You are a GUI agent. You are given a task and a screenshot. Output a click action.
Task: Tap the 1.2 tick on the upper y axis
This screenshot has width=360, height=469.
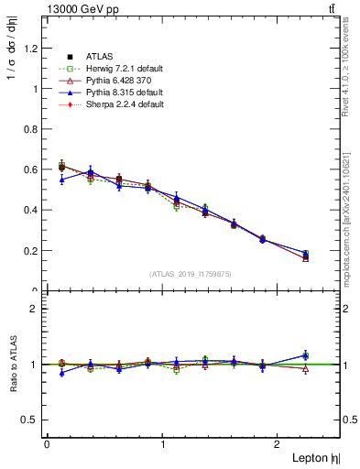tap(33, 48)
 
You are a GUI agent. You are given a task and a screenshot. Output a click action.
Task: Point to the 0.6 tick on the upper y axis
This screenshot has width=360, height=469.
tap(33, 169)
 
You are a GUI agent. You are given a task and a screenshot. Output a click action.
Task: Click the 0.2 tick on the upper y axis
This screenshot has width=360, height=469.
tap(33, 250)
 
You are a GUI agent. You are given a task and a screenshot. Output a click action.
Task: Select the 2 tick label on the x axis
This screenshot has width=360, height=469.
tap(278, 444)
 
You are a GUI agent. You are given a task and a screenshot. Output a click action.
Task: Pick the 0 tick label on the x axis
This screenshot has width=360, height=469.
tap(47, 444)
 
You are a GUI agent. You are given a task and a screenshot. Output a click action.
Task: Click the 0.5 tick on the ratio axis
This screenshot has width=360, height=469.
tap(33, 420)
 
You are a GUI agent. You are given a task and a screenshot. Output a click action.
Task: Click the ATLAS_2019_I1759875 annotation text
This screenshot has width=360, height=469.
tap(191, 274)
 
